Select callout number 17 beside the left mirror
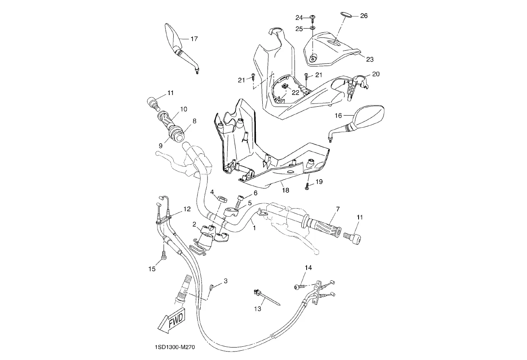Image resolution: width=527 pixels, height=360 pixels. coord(194,39)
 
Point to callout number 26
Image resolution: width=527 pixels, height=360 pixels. coord(363,16)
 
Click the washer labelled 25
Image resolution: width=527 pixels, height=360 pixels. coord(313,29)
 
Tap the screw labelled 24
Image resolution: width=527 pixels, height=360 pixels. coord(313,17)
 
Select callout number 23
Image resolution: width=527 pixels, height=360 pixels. coord(369,60)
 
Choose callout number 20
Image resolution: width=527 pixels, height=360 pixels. coord(376,74)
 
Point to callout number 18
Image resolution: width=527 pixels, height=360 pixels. coord(285,190)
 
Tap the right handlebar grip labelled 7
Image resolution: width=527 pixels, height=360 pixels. coord(325,227)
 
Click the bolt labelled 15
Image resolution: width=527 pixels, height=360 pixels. coord(164,255)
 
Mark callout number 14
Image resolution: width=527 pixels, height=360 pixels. coord(308,268)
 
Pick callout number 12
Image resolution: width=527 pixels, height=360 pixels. coord(187,209)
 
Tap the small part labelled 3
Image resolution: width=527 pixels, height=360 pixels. coord(212,288)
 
